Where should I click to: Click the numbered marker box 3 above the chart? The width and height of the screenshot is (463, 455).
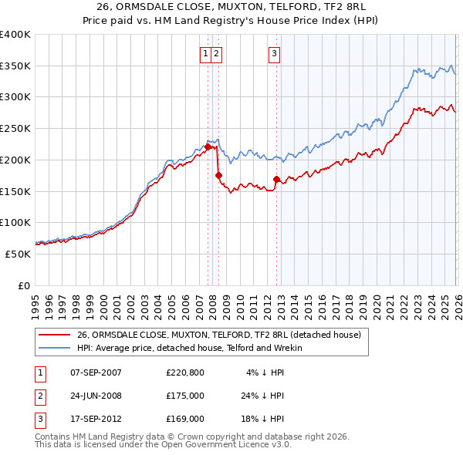[275, 53]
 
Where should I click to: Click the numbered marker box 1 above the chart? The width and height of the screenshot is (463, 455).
[206, 53]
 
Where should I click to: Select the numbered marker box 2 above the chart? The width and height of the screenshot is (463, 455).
[216, 53]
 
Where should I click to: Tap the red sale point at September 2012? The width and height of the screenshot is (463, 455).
[276, 180]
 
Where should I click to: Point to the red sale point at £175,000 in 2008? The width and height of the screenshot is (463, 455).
[218, 176]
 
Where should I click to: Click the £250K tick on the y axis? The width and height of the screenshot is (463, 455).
[15, 129]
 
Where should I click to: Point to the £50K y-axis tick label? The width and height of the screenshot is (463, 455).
[18, 254]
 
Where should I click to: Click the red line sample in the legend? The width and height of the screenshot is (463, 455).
[54, 335]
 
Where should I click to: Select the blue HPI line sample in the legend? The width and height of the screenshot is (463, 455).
[54, 348]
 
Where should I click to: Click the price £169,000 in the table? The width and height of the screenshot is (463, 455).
[185, 420]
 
